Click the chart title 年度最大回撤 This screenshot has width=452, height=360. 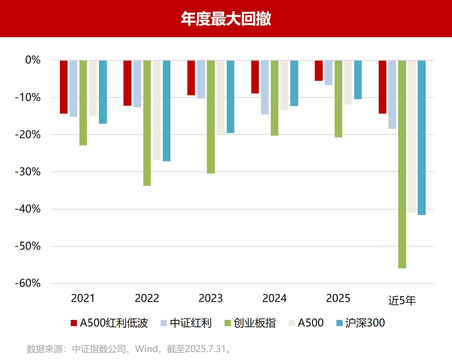pyautogui.click(x=226, y=19)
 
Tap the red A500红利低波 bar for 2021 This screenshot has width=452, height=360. pyautogui.click(x=64, y=87)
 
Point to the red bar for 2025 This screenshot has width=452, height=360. pyautogui.click(x=318, y=71)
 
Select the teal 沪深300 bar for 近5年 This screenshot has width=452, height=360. pyautogui.click(x=421, y=137)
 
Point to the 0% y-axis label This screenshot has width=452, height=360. pyautogui.click(x=32, y=60)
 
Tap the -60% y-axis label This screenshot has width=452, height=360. pyautogui.click(x=28, y=283)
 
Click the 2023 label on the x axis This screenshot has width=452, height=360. pyautogui.click(x=211, y=298)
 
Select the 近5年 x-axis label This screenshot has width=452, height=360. pyautogui.click(x=402, y=300)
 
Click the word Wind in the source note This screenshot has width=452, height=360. pyautogui.click(x=146, y=349)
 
